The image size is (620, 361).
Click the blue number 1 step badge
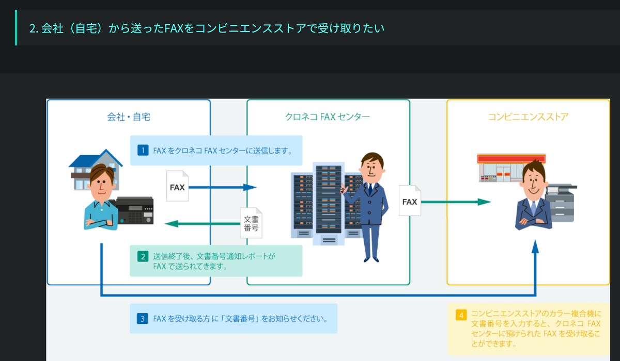(143, 150)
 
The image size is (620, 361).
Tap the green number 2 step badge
(143, 256)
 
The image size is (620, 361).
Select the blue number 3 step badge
(142, 319)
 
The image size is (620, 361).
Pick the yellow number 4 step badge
(461, 315)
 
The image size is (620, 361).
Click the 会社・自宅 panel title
(129, 117)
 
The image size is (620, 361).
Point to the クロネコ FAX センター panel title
(328, 117)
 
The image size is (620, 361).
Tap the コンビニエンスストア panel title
(528, 117)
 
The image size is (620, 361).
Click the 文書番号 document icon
(251, 223)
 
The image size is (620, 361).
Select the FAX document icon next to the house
(177, 186)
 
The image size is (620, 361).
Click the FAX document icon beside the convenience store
(410, 201)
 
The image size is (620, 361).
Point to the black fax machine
(133, 210)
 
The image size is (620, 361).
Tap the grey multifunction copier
(561, 203)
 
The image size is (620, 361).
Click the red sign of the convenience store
(511, 159)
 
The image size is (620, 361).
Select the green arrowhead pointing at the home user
(172, 223)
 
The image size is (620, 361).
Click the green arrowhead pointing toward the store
(484, 202)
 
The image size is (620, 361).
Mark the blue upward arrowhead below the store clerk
(535, 247)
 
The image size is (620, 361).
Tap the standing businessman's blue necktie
(370, 189)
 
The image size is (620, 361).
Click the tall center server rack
(329, 204)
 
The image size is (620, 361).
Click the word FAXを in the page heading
(179, 28)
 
